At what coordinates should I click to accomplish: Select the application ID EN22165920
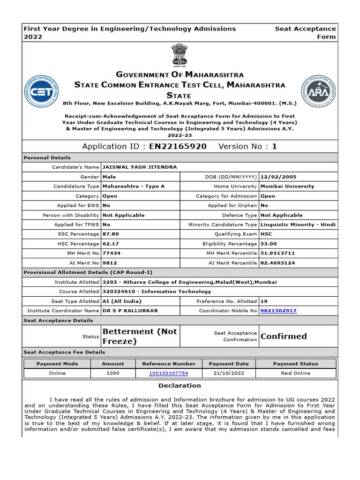tap(178, 146)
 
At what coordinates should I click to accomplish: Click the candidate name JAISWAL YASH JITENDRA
tap(133, 167)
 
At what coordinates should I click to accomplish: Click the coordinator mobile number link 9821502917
tap(278, 311)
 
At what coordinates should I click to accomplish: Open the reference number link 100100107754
tap(168, 373)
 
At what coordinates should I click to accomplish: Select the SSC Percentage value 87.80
tap(111, 234)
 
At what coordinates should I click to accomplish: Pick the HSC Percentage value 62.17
tap(111, 244)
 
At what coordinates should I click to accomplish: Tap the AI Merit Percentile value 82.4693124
tap(277, 263)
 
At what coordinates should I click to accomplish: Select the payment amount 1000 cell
tap(113, 373)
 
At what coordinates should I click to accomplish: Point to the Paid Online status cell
tap(295, 373)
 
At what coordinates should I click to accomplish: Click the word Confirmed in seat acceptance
tap(284, 336)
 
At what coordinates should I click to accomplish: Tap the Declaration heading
tap(180, 385)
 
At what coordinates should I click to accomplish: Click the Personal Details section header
tap(47, 157)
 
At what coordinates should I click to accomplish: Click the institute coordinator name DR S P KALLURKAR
tap(130, 311)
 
